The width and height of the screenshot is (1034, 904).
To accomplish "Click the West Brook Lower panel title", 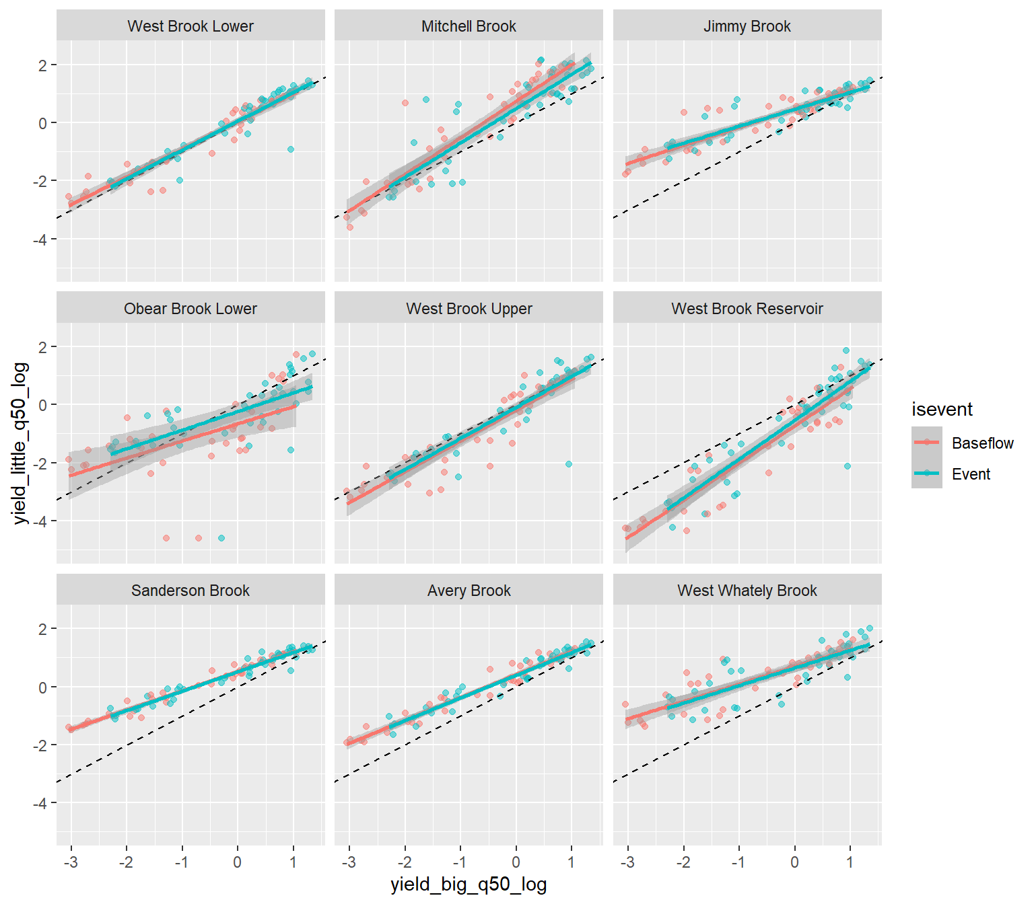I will click(x=191, y=26).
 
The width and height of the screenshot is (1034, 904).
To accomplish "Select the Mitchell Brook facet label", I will click(x=469, y=26).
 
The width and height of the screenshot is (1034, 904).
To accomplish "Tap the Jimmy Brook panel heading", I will click(x=747, y=26).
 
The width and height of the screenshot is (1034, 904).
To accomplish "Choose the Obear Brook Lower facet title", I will click(x=191, y=309).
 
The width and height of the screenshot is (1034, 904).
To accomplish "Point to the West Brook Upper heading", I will click(x=469, y=309).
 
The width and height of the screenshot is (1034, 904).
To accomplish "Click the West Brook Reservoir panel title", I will click(x=747, y=309).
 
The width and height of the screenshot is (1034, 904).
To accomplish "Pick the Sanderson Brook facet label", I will click(x=191, y=591).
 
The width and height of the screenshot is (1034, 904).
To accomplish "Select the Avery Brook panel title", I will click(x=469, y=591).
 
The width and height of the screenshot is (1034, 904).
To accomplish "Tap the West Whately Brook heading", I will click(x=747, y=591).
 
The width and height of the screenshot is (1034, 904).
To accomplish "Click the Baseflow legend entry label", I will click(x=982, y=443).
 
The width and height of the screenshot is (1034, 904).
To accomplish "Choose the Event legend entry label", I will click(x=971, y=474).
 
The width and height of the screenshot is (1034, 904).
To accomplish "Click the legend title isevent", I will click(x=942, y=410).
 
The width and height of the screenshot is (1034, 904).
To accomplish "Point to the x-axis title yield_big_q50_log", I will click(x=469, y=884).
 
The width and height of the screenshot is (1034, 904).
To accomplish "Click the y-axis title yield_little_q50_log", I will click(x=21, y=443).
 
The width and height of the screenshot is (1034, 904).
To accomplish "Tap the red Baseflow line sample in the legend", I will click(x=927, y=443).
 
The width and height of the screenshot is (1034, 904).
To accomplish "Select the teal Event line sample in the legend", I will click(x=927, y=474).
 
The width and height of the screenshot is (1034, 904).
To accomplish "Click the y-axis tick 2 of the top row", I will click(x=43, y=65).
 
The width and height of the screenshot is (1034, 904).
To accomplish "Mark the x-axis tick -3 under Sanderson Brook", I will click(x=71, y=862).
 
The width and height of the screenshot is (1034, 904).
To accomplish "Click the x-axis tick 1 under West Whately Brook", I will click(x=850, y=862).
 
